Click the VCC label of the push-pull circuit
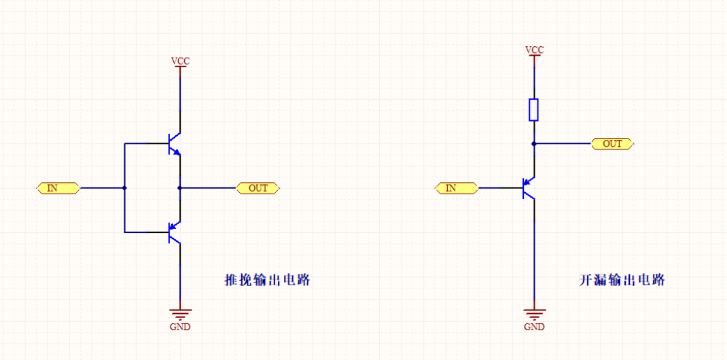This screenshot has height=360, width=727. pyautogui.click(x=180, y=61)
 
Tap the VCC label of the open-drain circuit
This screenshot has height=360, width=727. pyautogui.click(x=535, y=50)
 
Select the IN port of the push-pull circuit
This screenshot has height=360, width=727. pyautogui.click(x=57, y=188)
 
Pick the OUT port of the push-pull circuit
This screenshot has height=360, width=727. pyautogui.click(x=258, y=188)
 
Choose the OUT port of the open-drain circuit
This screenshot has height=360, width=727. pyautogui.click(x=612, y=144)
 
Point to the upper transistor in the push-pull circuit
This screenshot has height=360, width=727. pyautogui.click(x=173, y=144)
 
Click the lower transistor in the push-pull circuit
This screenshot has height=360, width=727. pyautogui.click(x=173, y=232)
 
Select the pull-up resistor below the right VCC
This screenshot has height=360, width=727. pyautogui.click(x=534, y=109)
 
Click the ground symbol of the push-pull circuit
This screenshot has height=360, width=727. pyautogui.click(x=180, y=314)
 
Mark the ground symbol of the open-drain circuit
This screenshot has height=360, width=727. pyautogui.click(x=535, y=314)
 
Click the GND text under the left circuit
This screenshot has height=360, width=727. pyautogui.click(x=180, y=327)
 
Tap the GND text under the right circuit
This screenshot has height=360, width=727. pyautogui.click(x=535, y=327)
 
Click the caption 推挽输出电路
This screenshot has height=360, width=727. pyautogui.click(x=267, y=280)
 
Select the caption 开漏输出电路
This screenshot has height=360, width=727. pyautogui.click(x=622, y=280)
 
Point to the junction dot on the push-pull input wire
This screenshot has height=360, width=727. pyautogui.click(x=124, y=188)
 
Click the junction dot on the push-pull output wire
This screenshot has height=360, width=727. pyautogui.click(x=180, y=188)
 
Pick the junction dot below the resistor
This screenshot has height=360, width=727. pyautogui.click(x=534, y=144)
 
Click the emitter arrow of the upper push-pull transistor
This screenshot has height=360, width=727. pyautogui.click(x=177, y=152)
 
